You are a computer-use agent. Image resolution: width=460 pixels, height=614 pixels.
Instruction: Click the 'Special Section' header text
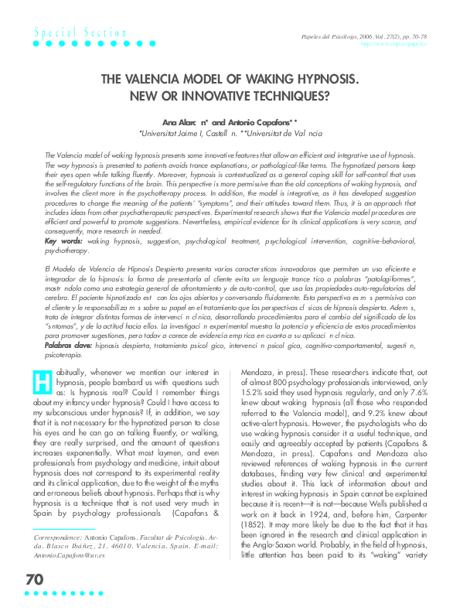point(80,32)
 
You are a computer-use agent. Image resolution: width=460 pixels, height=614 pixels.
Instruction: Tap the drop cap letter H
point(43,382)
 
